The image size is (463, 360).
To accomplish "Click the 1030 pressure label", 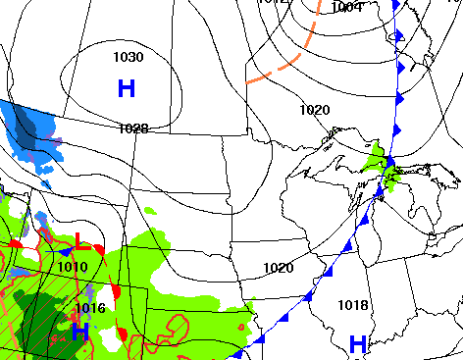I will click(128, 58).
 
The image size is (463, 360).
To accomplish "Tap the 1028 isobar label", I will click(132, 129).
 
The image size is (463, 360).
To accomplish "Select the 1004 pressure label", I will click(346, 8).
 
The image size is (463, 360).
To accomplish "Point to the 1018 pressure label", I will click(353, 305).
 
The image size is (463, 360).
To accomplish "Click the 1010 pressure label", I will click(73, 266).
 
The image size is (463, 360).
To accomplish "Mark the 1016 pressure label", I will click(89, 308).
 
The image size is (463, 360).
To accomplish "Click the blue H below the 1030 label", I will click(127, 88).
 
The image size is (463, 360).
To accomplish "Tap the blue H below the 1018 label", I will click(358, 343).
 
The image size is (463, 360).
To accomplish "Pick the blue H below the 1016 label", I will click(79, 332).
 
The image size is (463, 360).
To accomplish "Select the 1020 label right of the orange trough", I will click(315, 110).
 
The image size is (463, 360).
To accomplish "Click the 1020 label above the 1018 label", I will click(279, 268).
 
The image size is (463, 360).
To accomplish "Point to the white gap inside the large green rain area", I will click(104, 296).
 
